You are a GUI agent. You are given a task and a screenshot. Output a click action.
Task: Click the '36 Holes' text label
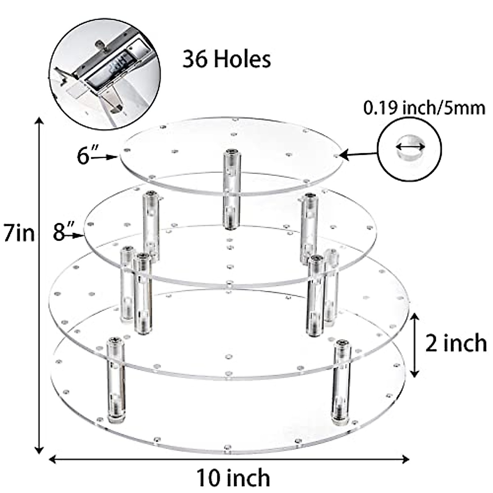[x=227, y=60]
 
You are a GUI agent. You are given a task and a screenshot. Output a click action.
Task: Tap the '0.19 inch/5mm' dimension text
[x=424, y=108]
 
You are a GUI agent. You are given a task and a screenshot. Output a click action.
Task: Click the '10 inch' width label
[x=233, y=478]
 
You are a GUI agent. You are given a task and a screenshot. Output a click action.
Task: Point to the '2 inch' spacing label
[x=455, y=343]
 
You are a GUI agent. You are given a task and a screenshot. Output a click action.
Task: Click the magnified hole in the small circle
[x=410, y=149]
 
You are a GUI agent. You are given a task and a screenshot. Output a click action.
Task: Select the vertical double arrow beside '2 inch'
[x=415, y=344]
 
